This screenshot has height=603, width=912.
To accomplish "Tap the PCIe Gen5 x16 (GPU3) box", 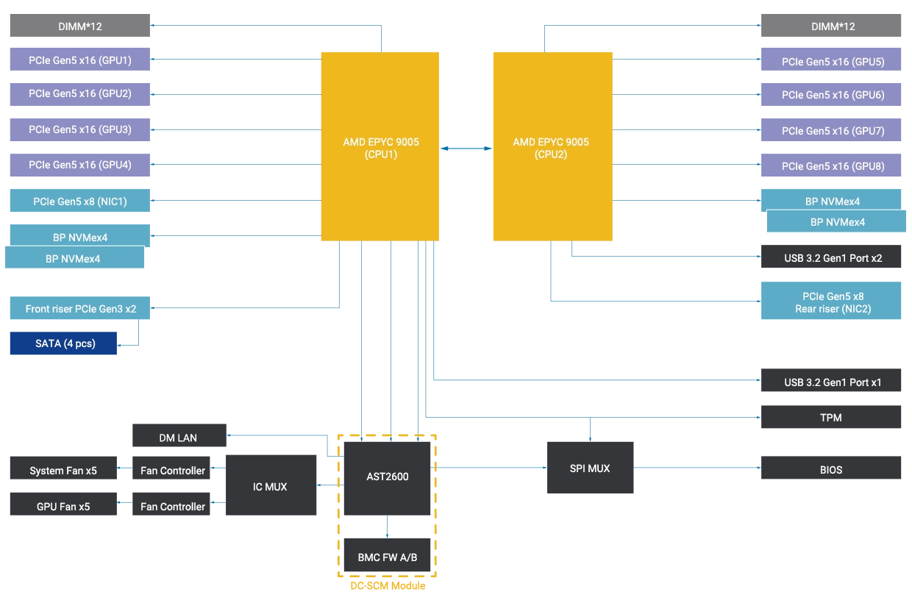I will (79, 129).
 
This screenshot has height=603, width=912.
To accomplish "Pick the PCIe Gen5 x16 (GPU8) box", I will (833, 166).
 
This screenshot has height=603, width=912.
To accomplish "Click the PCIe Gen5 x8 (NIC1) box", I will (79, 201).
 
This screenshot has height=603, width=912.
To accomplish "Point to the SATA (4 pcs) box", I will (62, 343).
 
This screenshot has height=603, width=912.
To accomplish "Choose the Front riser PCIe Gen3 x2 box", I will (79, 309).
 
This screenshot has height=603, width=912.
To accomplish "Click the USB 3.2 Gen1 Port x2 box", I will (833, 258).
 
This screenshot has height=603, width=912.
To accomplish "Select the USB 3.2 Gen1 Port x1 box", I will (833, 382).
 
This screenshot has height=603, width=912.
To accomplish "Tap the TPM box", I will (833, 418).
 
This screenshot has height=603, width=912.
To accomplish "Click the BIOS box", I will (833, 469).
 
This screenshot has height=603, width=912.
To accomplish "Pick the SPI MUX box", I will (591, 468).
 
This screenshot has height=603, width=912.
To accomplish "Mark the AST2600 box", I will (387, 477).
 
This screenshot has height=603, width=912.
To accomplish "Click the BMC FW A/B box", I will (387, 557).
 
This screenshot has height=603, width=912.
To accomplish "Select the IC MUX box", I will (270, 486).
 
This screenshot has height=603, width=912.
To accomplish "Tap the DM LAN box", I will (178, 438).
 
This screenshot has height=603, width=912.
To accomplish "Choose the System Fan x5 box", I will (62, 471).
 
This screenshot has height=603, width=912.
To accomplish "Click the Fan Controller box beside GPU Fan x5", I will (172, 507).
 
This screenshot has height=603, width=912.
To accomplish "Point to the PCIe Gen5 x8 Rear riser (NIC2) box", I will (833, 302).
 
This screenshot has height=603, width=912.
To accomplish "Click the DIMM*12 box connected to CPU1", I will (79, 26).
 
